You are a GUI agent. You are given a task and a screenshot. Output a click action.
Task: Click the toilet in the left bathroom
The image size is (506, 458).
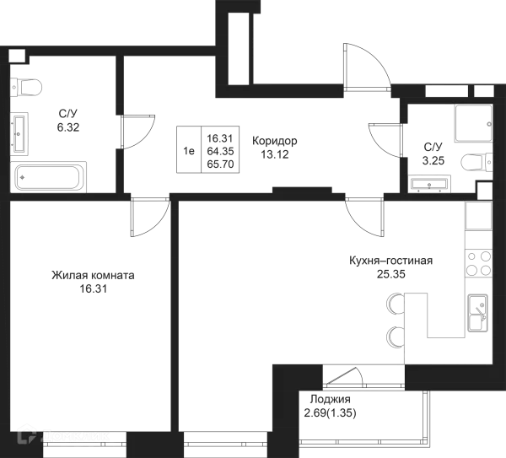[x=27, y=86]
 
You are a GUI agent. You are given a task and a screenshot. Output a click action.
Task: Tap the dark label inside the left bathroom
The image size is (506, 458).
[x=67, y=121]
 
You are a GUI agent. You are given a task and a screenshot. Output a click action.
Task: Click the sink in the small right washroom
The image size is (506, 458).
[x=430, y=180]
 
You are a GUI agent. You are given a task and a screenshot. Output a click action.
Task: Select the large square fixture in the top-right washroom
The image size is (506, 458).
[x=471, y=124]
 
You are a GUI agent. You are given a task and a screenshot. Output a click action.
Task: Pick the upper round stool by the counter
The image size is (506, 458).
[x=393, y=303]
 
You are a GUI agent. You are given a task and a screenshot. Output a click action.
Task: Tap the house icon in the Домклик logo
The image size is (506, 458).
[x=26, y=436]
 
